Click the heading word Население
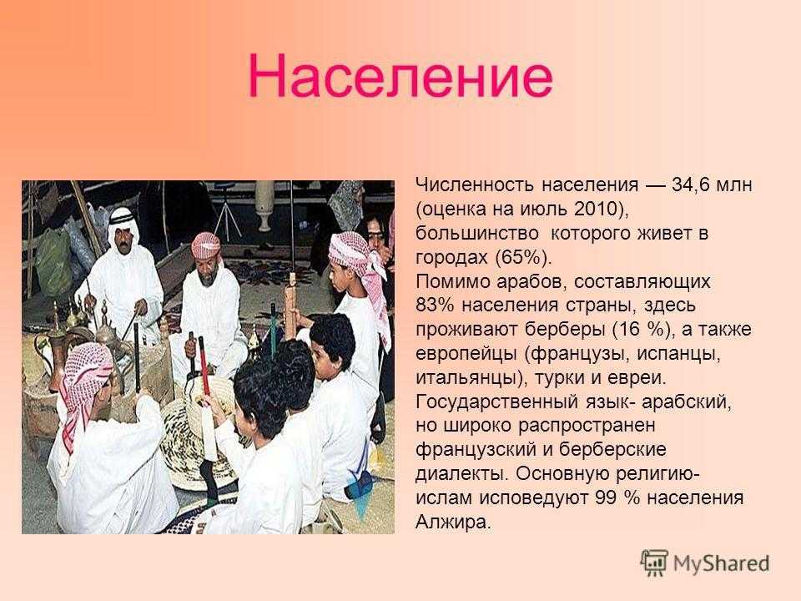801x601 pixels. pos(400,77)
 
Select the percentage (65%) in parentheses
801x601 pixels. pos(524,257)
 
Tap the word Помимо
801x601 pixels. pos(452,281)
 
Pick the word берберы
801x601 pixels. pos(565,330)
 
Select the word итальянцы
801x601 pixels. pos(465,378)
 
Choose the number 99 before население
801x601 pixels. pos(606,497)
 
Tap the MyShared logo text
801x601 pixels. pos(721,563)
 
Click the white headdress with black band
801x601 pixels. pos(123,225)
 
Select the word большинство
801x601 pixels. pos(477,234)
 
